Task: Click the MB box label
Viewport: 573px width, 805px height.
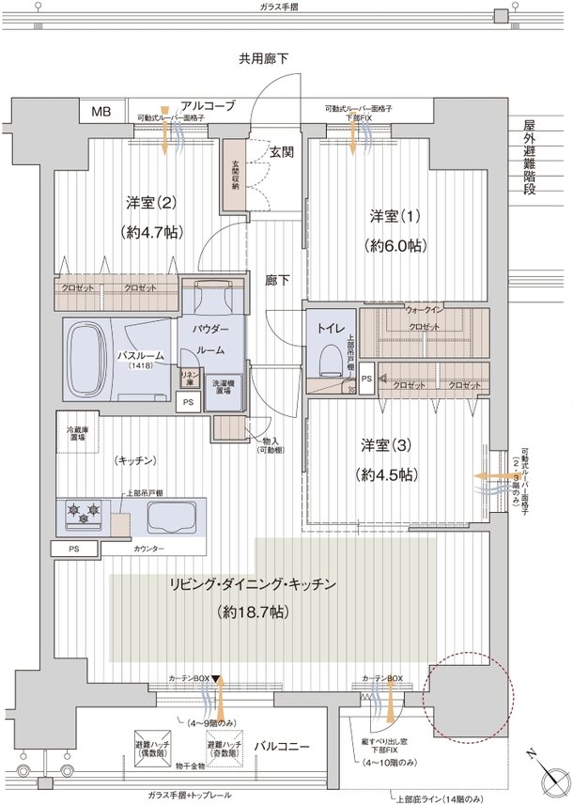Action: pos(101,112)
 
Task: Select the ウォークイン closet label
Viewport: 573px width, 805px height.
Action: pos(426,308)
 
